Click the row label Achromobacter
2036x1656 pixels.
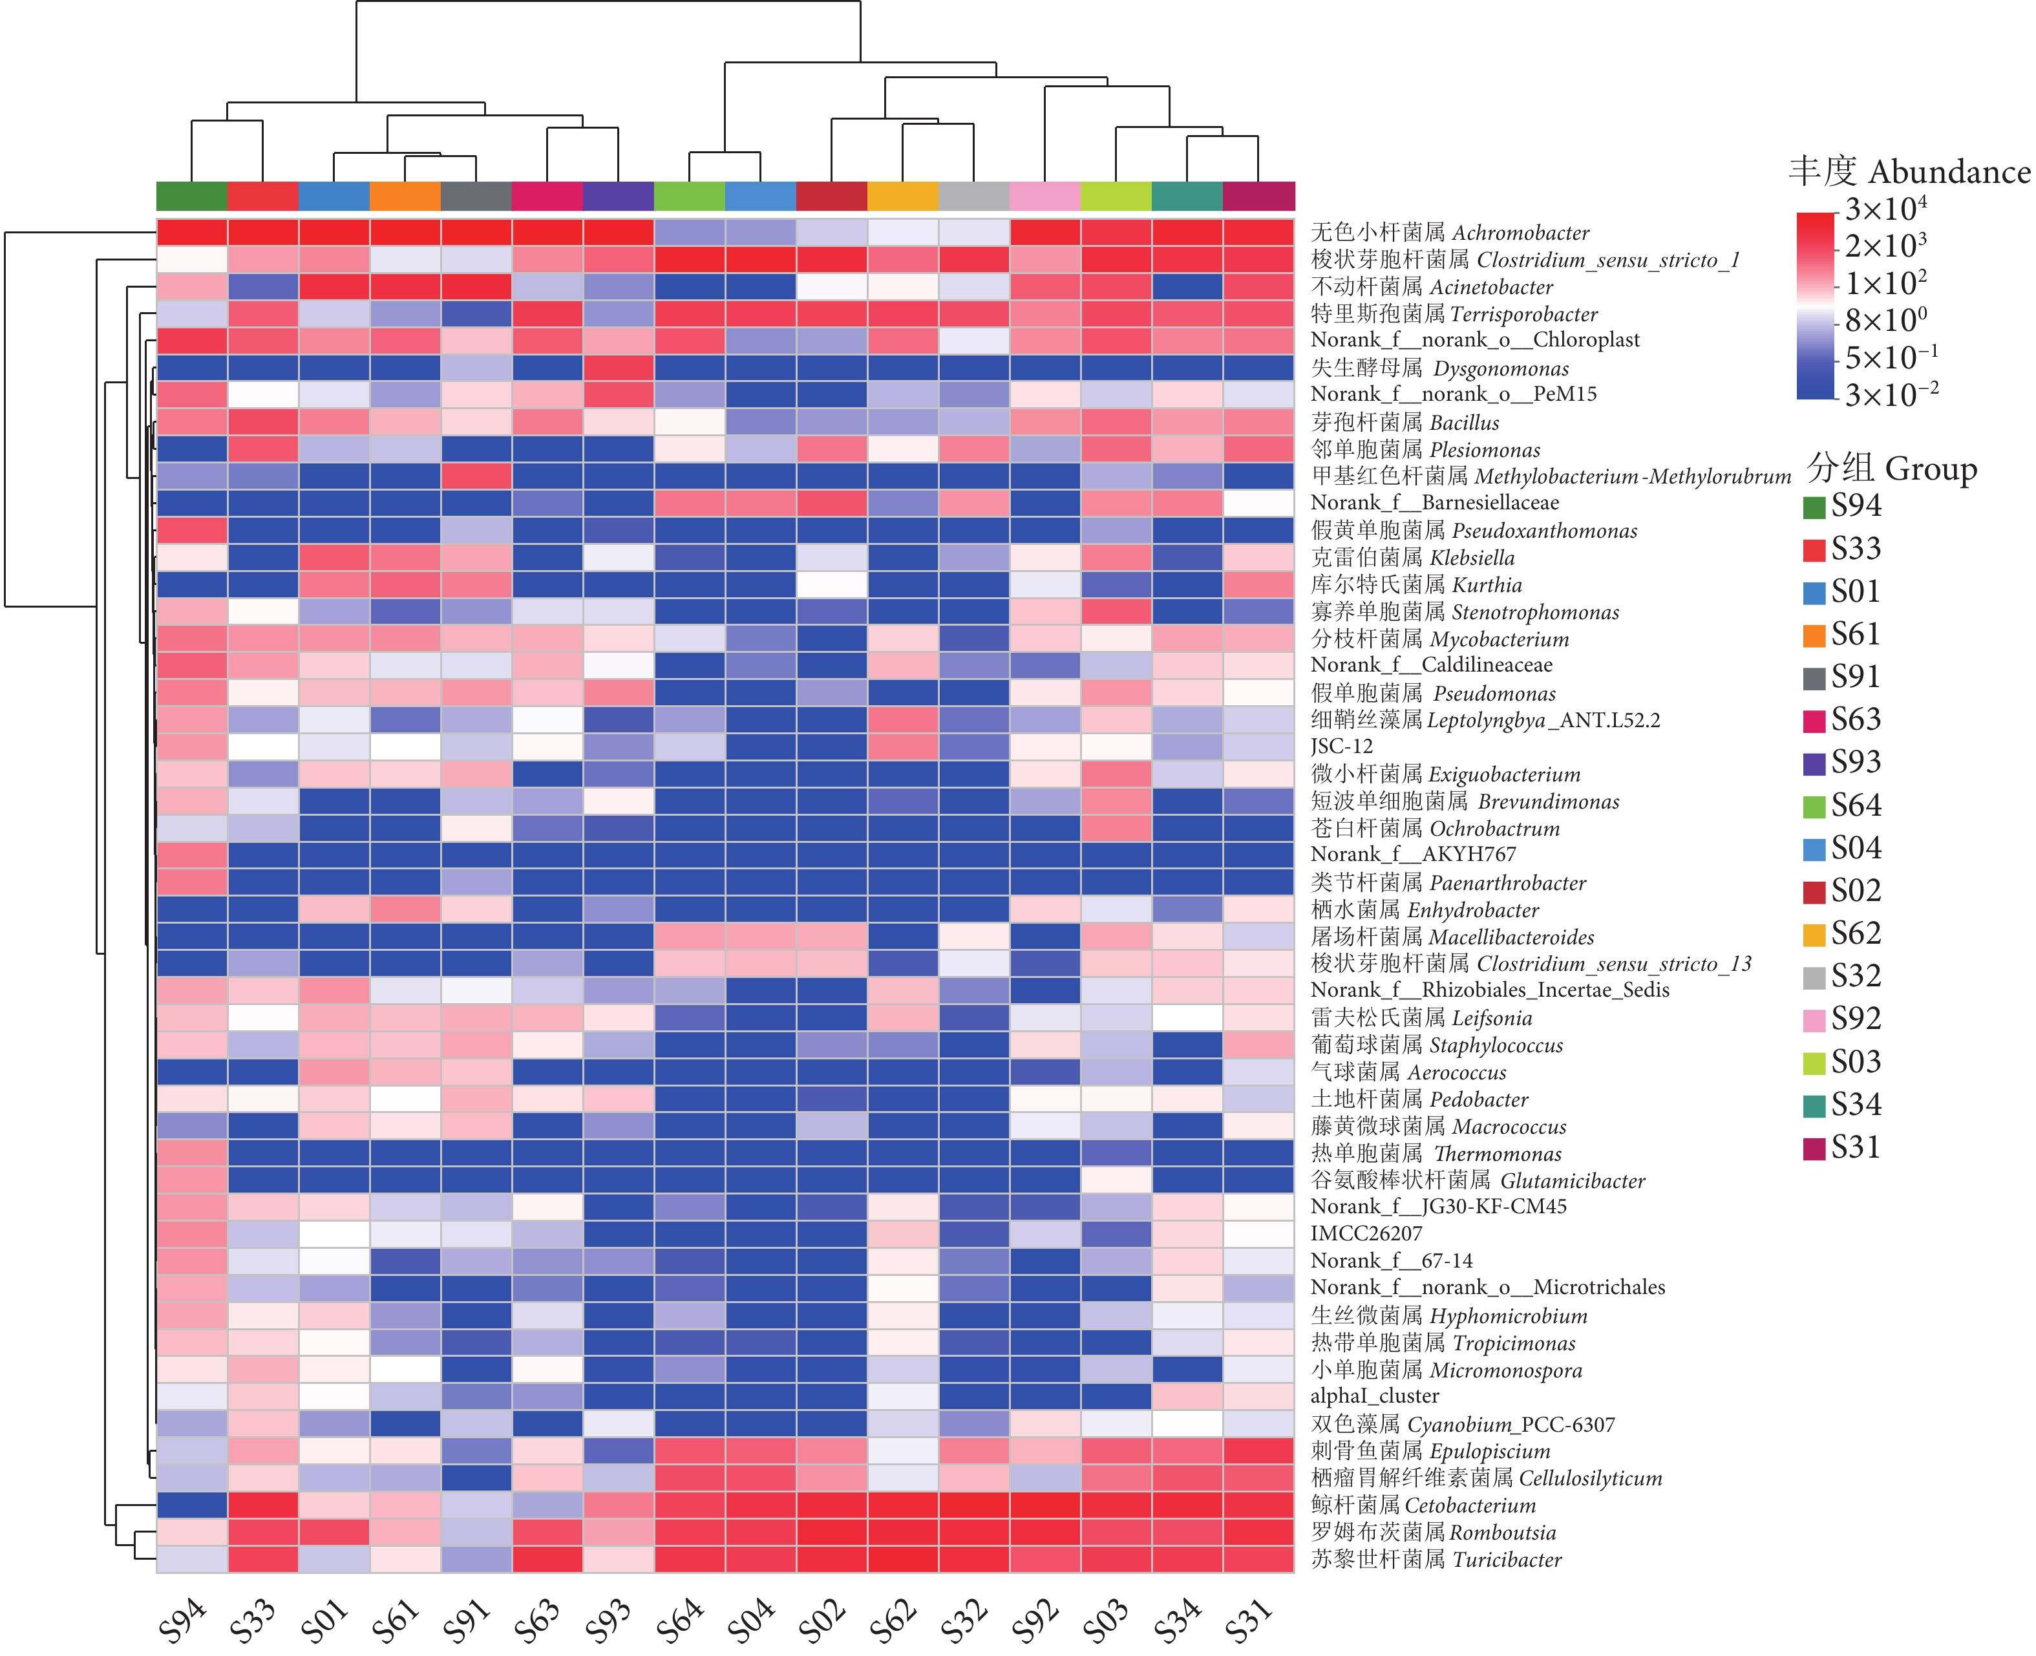point(1450,233)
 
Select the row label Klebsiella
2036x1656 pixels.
point(1412,558)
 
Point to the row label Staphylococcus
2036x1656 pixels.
point(1436,1045)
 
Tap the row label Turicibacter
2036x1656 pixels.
point(1435,1560)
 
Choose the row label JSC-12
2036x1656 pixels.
point(1342,747)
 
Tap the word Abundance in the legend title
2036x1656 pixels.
point(1949,173)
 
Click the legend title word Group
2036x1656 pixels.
point(1931,469)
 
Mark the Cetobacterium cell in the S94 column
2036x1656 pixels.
point(192,1505)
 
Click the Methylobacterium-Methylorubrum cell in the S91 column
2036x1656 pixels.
point(476,476)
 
